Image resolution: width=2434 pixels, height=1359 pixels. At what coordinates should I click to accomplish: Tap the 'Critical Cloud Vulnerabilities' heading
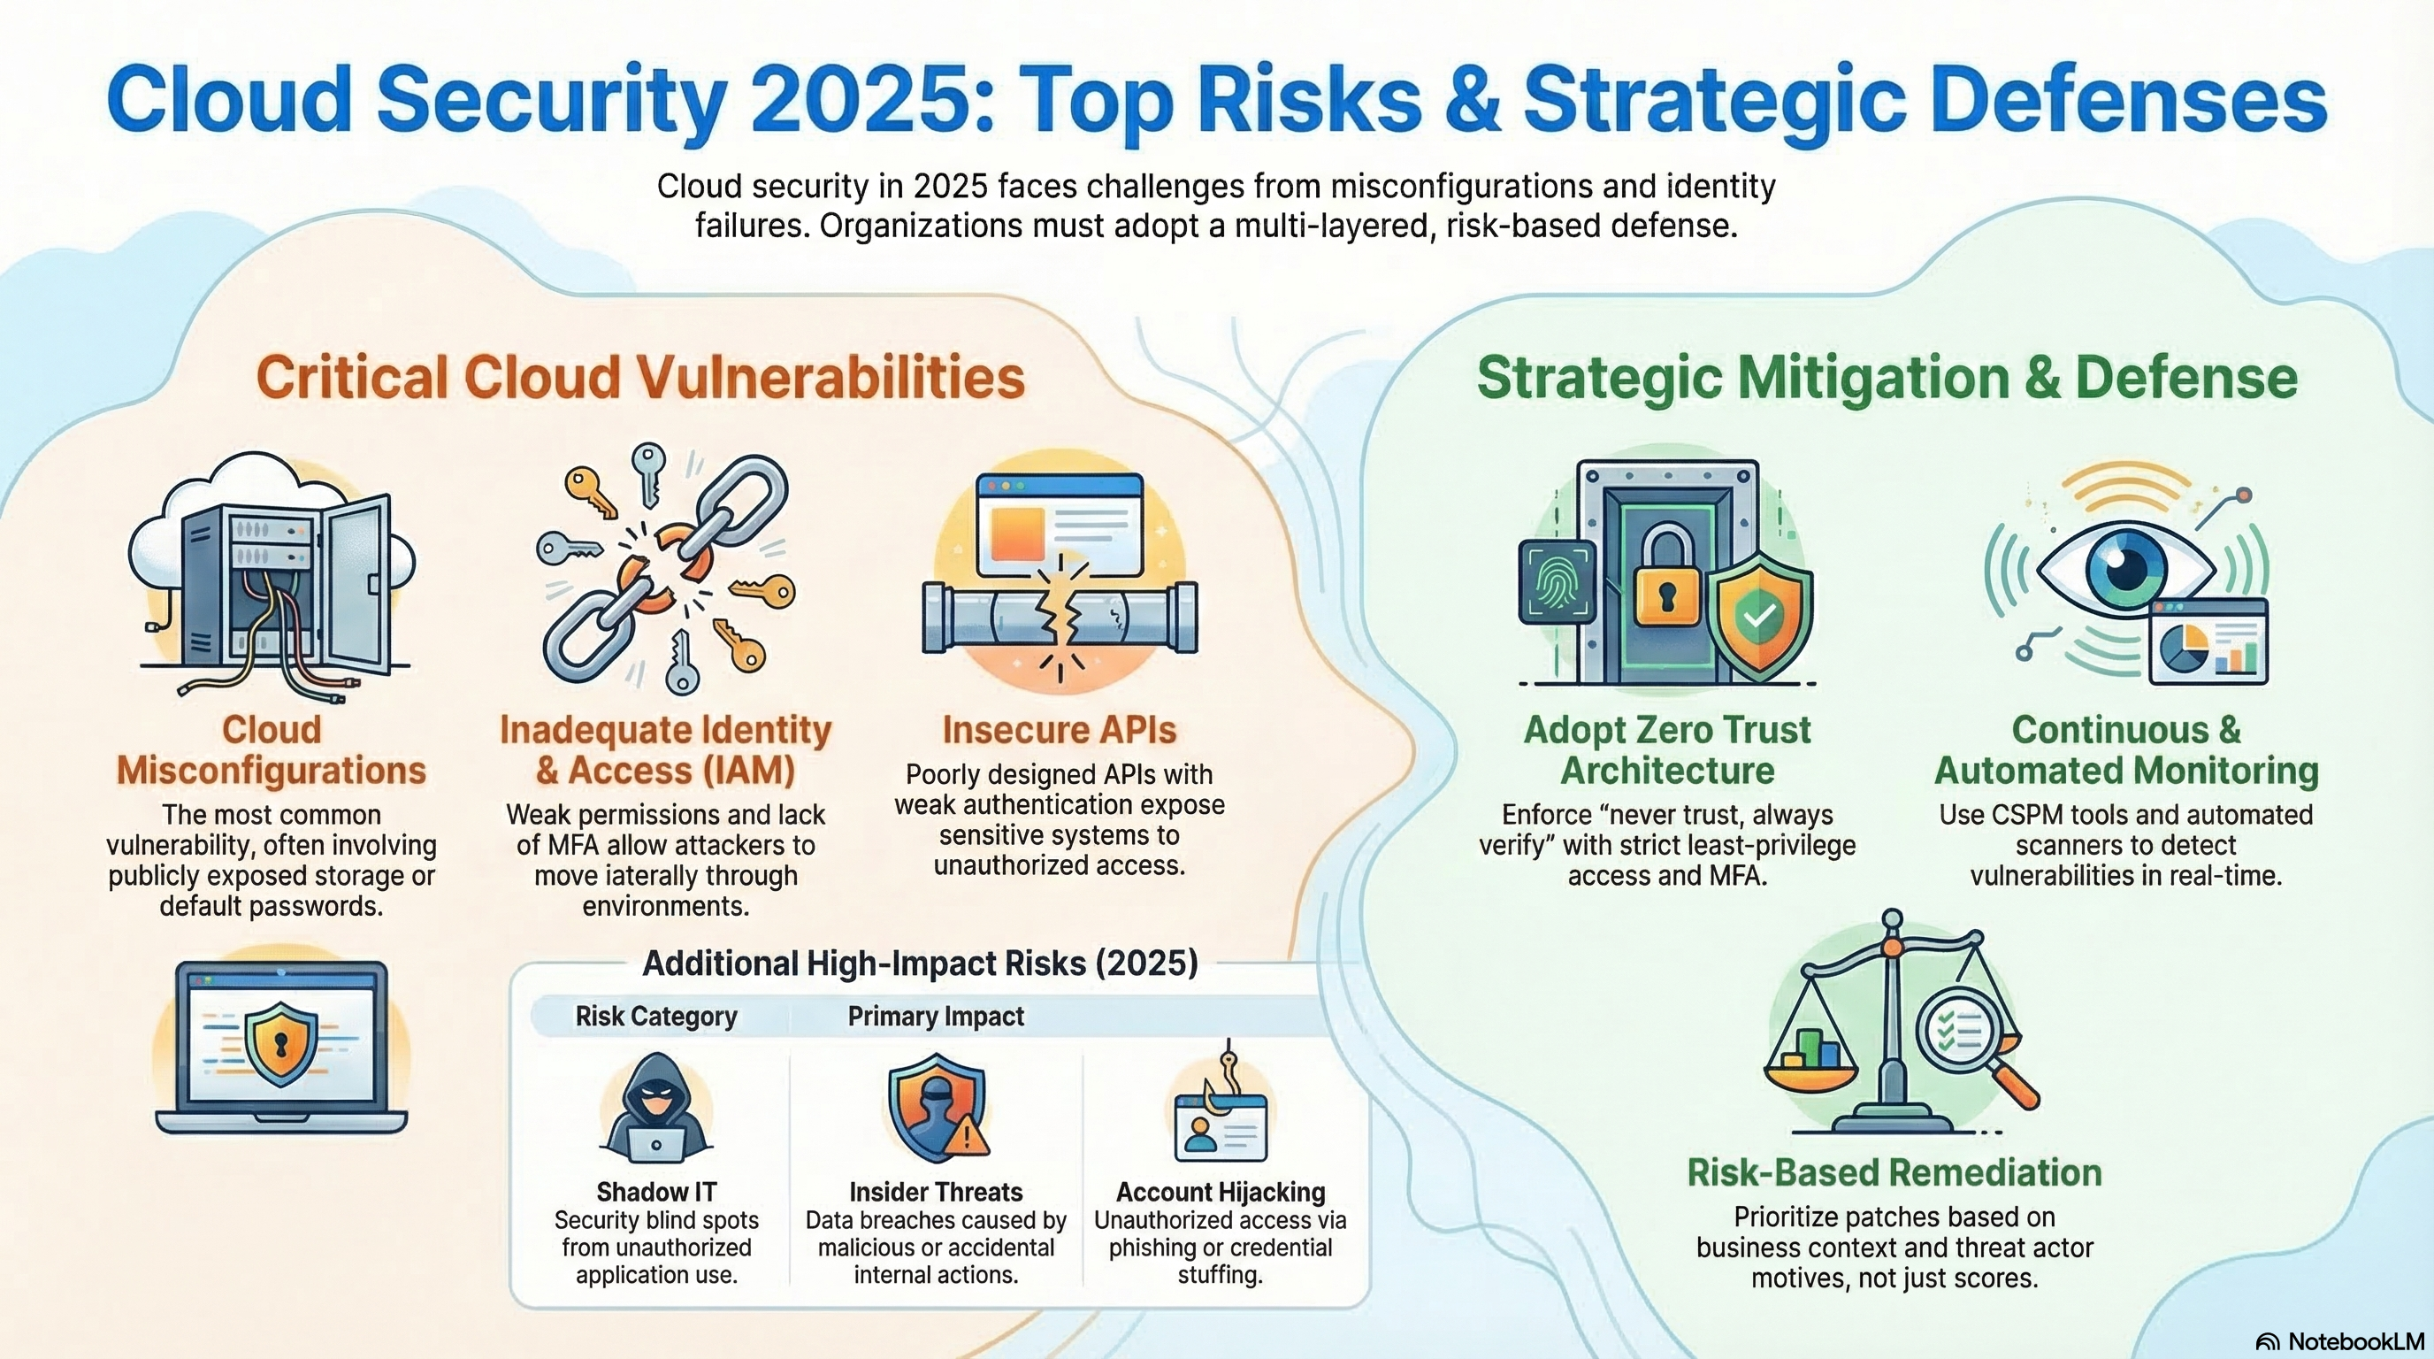tap(640, 378)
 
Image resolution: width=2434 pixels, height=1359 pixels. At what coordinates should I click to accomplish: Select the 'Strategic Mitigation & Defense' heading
tap(1887, 378)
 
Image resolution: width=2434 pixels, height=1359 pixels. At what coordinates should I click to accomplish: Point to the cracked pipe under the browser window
tap(1060, 618)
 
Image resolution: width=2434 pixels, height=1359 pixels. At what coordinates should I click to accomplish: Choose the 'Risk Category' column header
tap(655, 1016)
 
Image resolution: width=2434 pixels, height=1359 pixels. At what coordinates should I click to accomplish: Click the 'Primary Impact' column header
tap(936, 1016)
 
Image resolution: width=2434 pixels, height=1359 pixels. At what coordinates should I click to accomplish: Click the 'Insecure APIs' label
tap(1060, 731)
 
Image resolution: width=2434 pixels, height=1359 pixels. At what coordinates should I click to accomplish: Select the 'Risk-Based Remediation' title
tap(1894, 1173)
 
